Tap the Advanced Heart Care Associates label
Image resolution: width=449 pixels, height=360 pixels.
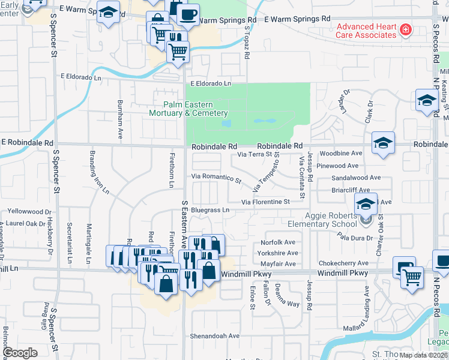pos(366,31)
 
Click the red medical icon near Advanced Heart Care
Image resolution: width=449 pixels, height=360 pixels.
pos(406,29)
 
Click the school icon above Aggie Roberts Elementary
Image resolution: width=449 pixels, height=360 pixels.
pos(365,203)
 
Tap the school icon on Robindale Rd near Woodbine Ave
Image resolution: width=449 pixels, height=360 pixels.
pos(382,143)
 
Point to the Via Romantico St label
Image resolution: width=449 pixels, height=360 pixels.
pos(216,178)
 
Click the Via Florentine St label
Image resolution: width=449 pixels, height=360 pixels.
pos(265,202)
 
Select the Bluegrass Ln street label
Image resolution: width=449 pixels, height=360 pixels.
pos(210,211)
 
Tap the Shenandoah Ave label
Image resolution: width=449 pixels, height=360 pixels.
pos(215,336)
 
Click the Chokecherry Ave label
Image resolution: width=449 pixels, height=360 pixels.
pos(343,263)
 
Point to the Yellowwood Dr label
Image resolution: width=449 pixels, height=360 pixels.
pos(29,212)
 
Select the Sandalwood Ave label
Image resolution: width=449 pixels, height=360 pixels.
pos(357,178)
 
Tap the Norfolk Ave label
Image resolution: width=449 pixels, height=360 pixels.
pos(277,242)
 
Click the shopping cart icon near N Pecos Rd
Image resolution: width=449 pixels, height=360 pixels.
pos(412,277)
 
